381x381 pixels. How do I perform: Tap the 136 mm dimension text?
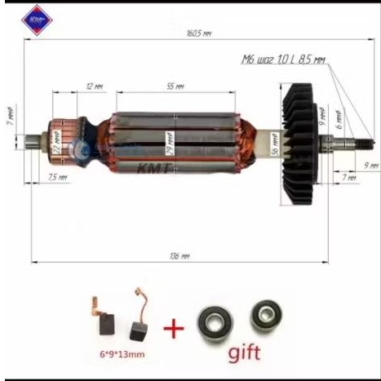181,256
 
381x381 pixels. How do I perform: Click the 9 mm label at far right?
372,165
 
